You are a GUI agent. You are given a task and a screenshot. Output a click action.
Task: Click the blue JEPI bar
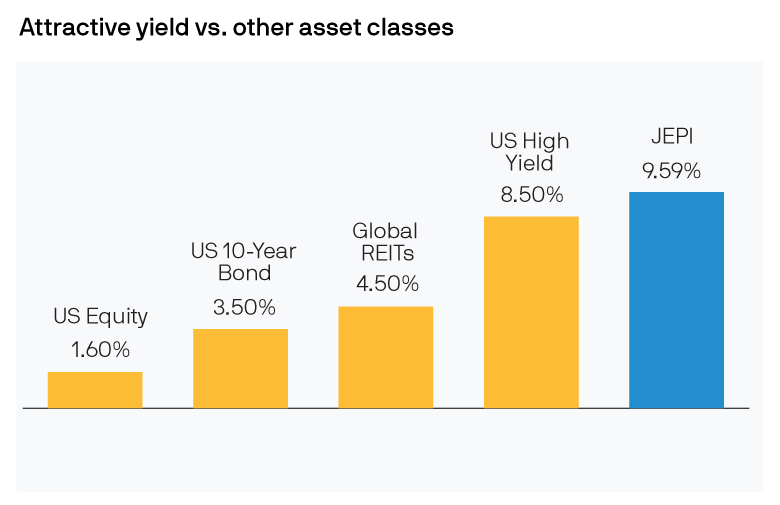pyautogui.click(x=676, y=300)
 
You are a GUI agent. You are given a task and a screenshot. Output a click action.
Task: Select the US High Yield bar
pyautogui.click(x=531, y=312)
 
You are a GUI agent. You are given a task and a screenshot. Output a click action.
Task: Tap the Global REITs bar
pyautogui.click(x=386, y=357)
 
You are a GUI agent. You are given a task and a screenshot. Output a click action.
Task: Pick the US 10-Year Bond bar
pyautogui.click(x=240, y=368)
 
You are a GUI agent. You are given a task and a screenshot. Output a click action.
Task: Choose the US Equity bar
pyautogui.click(x=95, y=390)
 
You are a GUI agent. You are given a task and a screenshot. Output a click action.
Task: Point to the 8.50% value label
pyautogui.click(x=531, y=194)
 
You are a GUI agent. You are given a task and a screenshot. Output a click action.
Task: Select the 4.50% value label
pyautogui.click(x=386, y=283)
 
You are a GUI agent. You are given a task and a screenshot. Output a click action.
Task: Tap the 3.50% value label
pyautogui.click(x=244, y=307)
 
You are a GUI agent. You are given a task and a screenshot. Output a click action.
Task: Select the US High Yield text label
pyautogui.click(x=531, y=151)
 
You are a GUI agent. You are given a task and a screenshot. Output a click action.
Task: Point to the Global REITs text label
pyautogui.click(x=386, y=241)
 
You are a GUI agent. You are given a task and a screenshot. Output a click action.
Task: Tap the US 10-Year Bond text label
pyautogui.click(x=244, y=262)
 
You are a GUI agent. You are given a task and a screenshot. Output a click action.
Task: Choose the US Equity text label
pyautogui.click(x=100, y=317)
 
